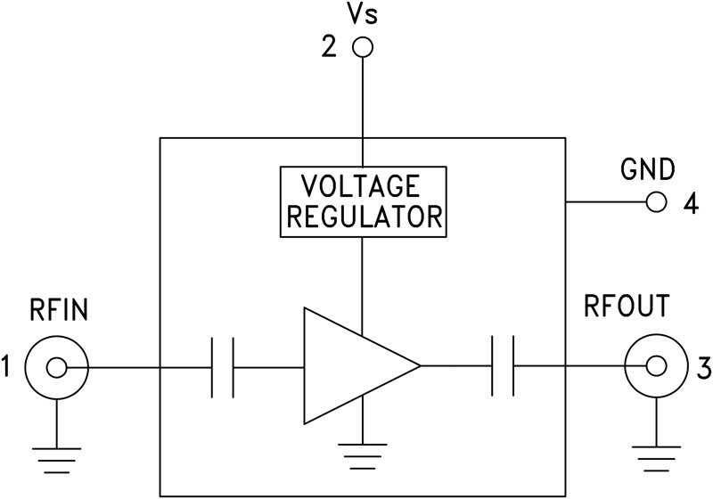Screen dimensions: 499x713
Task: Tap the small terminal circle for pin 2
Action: [362, 47]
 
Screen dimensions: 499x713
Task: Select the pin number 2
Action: [330, 47]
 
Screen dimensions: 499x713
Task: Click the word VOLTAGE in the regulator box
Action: [361, 186]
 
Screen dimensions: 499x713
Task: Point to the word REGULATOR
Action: [361, 216]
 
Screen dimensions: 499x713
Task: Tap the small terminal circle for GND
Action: [657, 202]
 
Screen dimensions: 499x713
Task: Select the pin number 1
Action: [8, 366]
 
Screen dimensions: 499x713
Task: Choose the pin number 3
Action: [703, 366]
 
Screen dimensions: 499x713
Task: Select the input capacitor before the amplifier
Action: [223, 366]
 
